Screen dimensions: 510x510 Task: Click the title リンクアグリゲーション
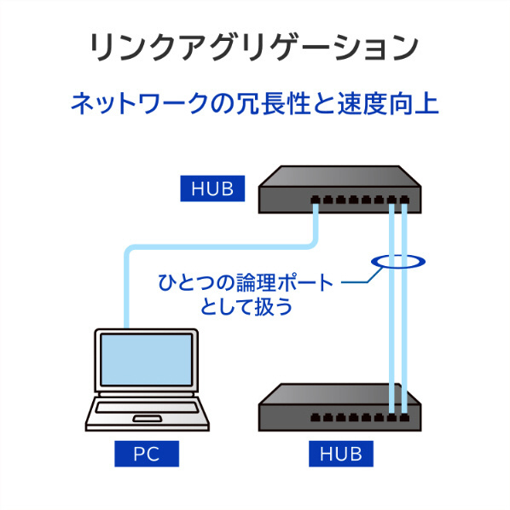coord(254,48)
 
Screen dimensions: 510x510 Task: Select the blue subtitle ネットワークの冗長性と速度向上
coord(255,104)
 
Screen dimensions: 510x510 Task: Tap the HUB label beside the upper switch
coord(212,188)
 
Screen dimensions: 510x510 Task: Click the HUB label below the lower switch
coord(341,454)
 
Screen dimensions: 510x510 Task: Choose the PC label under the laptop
coord(147,454)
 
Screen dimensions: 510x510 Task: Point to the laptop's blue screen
coord(147,359)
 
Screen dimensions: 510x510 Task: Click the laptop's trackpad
coord(147,419)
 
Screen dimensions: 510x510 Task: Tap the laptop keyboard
coord(147,408)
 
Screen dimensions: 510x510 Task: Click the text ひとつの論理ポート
coord(246,282)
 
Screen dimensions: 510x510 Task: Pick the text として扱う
coord(246,307)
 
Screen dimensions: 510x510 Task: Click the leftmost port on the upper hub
coord(315,200)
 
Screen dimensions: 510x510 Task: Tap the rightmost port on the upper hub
coord(404,200)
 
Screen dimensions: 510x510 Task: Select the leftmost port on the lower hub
coord(315,417)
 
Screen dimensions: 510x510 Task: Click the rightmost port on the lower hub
coord(404,417)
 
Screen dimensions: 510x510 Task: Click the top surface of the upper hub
coord(340,177)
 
